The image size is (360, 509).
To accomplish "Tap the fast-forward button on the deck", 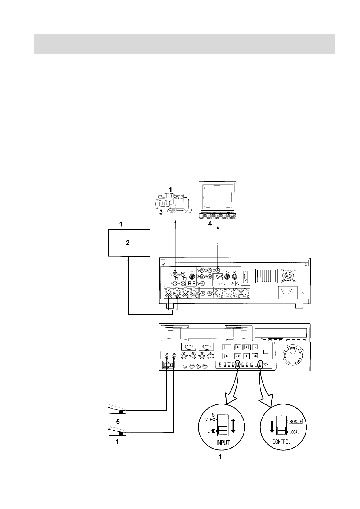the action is (255, 356).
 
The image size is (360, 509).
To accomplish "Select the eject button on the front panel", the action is (226, 356).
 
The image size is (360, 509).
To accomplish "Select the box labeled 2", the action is (129, 243).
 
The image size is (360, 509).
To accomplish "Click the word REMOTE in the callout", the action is (296, 421).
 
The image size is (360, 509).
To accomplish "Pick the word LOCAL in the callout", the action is (294, 432).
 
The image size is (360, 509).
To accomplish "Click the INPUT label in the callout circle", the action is (223, 443).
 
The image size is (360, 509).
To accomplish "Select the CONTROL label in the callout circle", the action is (281, 442).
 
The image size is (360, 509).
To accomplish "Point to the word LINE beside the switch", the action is (211, 431).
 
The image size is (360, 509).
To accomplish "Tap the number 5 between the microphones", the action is (118, 421).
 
